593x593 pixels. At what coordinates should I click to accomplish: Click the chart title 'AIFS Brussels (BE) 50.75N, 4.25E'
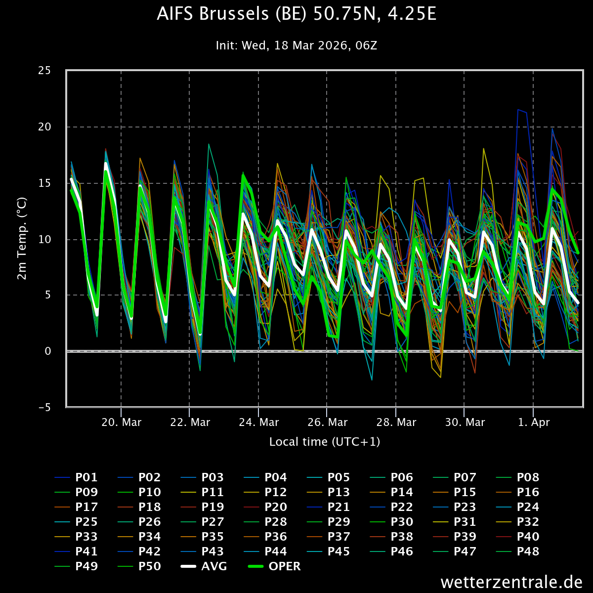click(x=296, y=14)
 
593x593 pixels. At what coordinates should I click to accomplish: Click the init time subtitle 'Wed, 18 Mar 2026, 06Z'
click(x=296, y=45)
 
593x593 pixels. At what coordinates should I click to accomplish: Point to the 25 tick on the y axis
click(x=44, y=70)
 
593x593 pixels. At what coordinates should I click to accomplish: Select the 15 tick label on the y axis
click(x=44, y=183)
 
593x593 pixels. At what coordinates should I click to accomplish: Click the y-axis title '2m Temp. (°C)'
click(x=22, y=239)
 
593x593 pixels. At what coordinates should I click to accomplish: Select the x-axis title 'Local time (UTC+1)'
click(x=325, y=442)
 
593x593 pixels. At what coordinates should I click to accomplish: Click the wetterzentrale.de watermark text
click(x=511, y=582)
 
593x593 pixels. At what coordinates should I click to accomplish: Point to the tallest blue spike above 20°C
click(x=518, y=110)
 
